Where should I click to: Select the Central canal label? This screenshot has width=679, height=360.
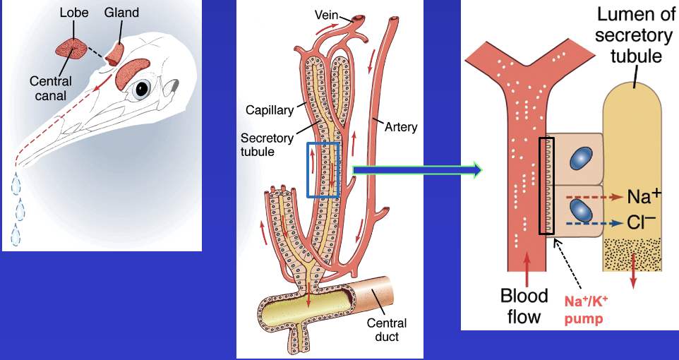(50, 88)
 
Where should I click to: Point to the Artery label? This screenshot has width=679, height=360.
(401, 128)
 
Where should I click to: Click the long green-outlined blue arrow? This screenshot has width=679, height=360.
(416, 169)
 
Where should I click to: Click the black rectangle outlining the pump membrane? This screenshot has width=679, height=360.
(546, 186)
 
